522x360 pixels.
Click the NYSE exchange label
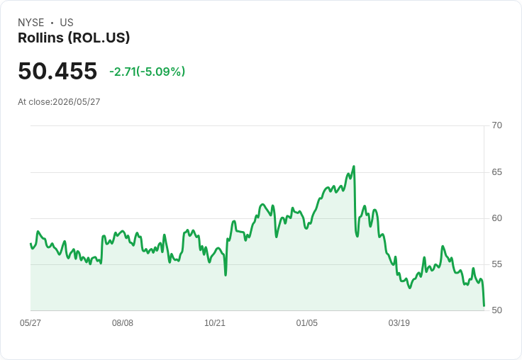[x=31, y=23]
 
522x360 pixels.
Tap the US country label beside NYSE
[x=67, y=23]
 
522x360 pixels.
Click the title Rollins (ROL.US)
[x=74, y=38]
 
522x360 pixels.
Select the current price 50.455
[x=57, y=71]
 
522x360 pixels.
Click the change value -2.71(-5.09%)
[x=147, y=72]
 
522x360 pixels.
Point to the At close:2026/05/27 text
[x=59, y=102]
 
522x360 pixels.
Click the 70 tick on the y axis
[x=496, y=125]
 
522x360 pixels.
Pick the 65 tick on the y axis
[x=496, y=172]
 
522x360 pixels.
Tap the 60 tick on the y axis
[x=496, y=218]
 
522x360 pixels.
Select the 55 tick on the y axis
[x=496, y=264]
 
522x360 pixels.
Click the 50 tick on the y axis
[x=496, y=310]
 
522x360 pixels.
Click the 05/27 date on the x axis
[x=30, y=322]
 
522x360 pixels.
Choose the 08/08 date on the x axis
[x=123, y=322]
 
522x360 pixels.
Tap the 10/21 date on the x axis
[x=215, y=322]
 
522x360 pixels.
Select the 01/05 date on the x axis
[x=307, y=322]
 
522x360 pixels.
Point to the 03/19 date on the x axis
[x=399, y=322]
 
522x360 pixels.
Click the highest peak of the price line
[x=353, y=166]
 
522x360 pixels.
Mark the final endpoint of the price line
[x=484, y=305]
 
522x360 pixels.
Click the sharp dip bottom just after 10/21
[x=226, y=275]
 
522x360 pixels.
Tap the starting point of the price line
[x=30, y=244]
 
